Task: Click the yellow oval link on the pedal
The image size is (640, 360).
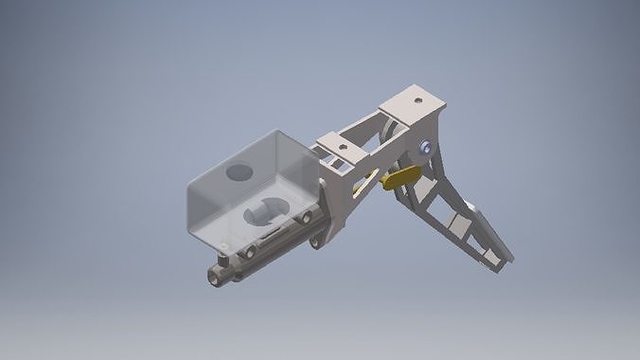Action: (401, 177)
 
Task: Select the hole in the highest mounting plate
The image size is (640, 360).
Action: (418, 99)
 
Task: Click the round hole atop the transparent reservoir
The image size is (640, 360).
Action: (239, 173)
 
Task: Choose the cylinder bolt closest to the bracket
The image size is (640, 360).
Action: (306, 218)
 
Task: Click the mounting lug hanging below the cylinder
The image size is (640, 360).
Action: (315, 243)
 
